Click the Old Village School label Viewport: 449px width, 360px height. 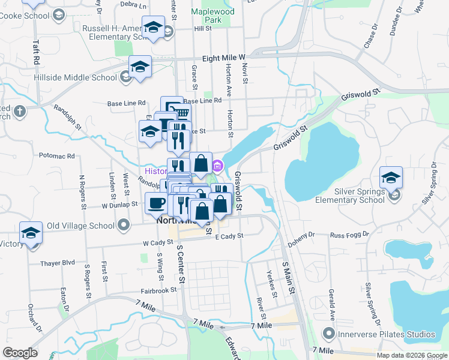80,226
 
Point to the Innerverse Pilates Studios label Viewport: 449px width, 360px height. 387,334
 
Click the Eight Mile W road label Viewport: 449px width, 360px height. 224,58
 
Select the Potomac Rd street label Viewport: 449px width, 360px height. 56,156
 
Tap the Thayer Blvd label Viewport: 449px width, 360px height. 58,263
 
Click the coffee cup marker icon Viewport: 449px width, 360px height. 157,203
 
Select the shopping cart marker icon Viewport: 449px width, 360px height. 181,113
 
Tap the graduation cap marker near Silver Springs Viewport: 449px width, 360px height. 391,177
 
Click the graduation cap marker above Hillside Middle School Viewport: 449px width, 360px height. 140,66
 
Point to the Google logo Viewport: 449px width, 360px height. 20,353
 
